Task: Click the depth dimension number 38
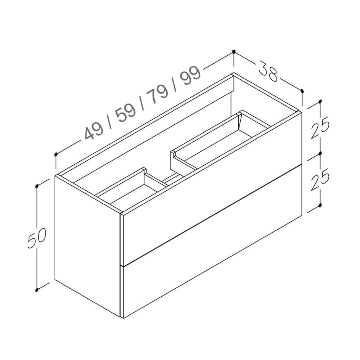click(x=268, y=71)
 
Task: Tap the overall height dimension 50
click(x=37, y=238)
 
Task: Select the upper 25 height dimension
click(x=320, y=128)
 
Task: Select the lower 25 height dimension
click(x=320, y=180)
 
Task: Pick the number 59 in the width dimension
click(x=126, y=113)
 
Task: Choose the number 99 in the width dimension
click(x=191, y=76)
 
